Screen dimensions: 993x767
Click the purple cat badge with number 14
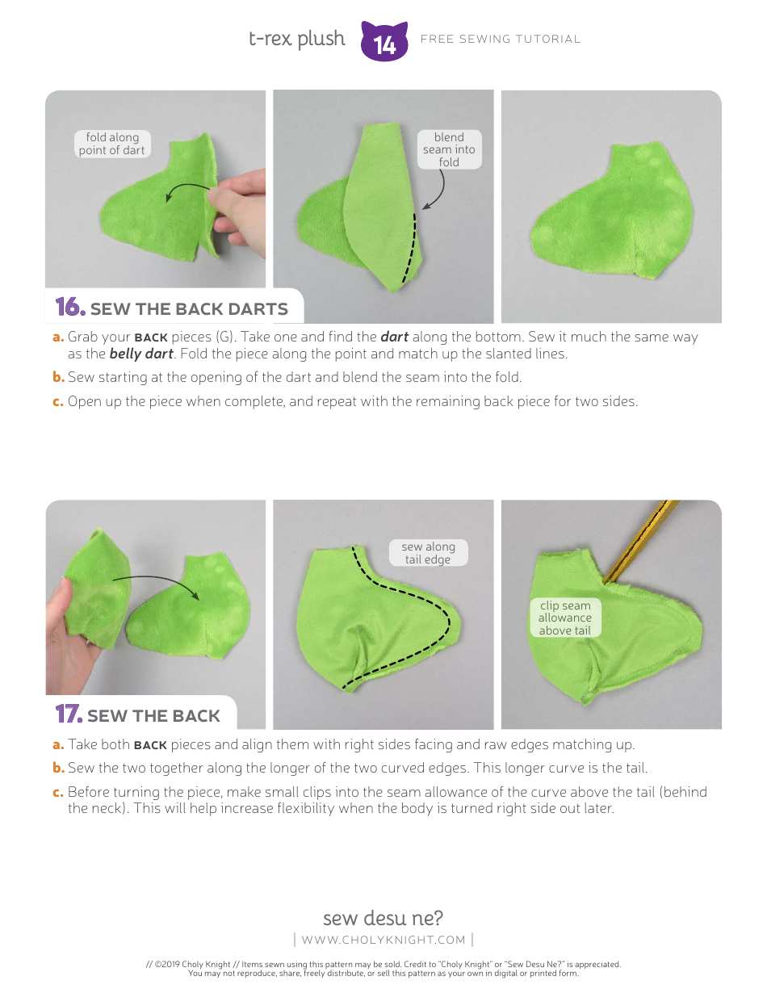(384, 42)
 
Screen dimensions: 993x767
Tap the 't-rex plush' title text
(296, 39)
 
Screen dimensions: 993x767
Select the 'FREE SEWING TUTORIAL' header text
(501, 39)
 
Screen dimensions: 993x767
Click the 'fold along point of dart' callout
(112, 144)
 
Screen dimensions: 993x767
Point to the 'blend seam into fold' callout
(449, 149)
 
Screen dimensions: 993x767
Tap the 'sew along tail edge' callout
(428, 553)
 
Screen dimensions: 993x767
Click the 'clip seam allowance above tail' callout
(565, 618)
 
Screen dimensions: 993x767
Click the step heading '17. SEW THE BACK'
(138, 715)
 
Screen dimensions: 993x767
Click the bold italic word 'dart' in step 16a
(394, 337)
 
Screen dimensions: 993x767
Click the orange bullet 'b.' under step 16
(58, 377)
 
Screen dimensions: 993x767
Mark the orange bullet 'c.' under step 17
(58, 792)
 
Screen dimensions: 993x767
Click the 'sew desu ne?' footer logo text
(383, 918)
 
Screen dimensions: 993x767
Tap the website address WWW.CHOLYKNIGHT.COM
(383, 940)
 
